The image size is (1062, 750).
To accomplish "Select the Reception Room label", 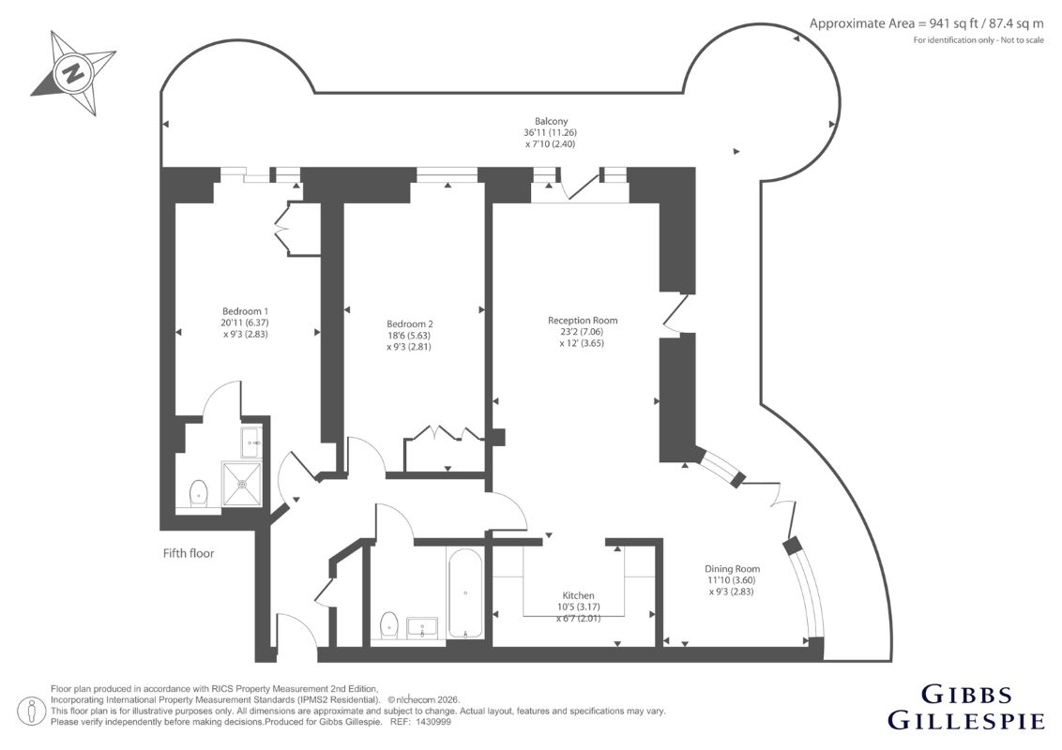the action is [x=583, y=321].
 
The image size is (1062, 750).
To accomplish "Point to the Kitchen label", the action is [x=579, y=595].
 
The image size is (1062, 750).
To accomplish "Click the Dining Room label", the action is [x=732, y=569].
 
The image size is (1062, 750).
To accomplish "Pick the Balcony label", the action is [x=552, y=121].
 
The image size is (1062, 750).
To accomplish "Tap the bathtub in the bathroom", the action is [x=464, y=592].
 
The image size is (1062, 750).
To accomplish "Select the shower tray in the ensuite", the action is [x=241, y=484].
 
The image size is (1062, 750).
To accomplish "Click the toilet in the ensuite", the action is [x=199, y=492].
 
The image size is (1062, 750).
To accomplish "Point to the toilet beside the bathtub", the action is [x=388, y=624].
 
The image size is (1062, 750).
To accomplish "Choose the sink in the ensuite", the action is [x=251, y=442].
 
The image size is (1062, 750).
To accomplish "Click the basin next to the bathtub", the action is [x=423, y=627].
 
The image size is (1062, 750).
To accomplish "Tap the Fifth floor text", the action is [x=189, y=553].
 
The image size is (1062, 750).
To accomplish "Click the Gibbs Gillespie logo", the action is [x=965, y=708].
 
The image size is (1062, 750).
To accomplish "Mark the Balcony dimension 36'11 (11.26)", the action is [x=552, y=133].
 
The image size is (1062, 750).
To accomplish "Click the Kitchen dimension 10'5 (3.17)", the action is [x=579, y=607].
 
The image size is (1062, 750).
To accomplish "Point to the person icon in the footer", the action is [x=31, y=712].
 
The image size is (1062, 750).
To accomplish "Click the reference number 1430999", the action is [x=434, y=722].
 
